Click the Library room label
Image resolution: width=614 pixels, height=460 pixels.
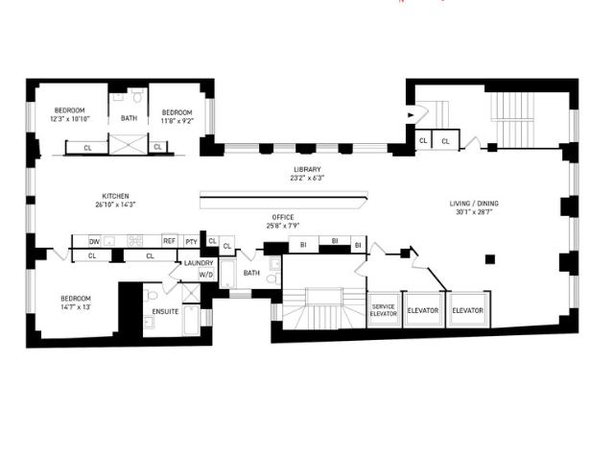pyautogui.click(x=307, y=169)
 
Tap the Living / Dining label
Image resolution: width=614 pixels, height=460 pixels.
pyautogui.click(x=474, y=204)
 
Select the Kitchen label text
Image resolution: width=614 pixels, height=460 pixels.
pyautogui.click(x=115, y=196)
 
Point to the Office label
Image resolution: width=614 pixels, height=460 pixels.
pyautogui.click(x=283, y=217)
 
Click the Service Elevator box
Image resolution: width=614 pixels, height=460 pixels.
pyautogui.click(x=384, y=310)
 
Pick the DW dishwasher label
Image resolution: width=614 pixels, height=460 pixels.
pyautogui.click(x=94, y=242)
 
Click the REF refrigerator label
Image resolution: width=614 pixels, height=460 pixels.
pyautogui.click(x=169, y=241)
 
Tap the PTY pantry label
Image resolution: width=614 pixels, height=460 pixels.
pyautogui.click(x=192, y=242)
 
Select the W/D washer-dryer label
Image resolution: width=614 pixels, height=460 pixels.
pyautogui.click(x=206, y=275)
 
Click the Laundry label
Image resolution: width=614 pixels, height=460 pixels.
pyautogui.click(x=199, y=263)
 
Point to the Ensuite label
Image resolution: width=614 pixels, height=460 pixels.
pyautogui.click(x=165, y=311)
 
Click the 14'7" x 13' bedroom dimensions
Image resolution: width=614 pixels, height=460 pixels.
pyautogui.click(x=76, y=306)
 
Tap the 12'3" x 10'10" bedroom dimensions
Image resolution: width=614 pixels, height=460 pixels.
pyautogui.click(x=70, y=119)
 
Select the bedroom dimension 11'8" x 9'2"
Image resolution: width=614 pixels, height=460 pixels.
pyautogui.click(x=177, y=121)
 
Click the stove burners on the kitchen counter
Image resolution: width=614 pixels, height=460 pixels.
pyautogui.click(x=134, y=241)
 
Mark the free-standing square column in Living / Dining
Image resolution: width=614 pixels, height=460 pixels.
pyautogui.click(x=490, y=259)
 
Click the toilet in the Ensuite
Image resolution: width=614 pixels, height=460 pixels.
pyautogui.click(x=151, y=295)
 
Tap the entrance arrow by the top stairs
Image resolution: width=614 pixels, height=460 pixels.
pyautogui.click(x=411, y=115)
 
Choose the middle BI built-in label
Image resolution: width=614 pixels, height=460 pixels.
pyautogui.click(x=335, y=241)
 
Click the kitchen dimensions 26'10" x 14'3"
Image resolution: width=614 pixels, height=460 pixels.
pyautogui.click(x=115, y=205)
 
